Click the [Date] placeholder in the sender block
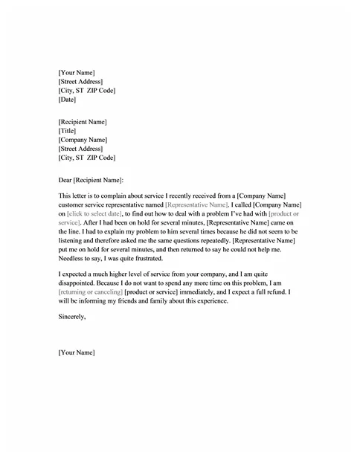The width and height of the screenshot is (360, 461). (x=67, y=100)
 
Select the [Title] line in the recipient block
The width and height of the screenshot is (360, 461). (x=67, y=131)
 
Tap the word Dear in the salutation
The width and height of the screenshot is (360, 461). (x=65, y=179)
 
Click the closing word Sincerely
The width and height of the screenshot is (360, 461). (x=71, y=317)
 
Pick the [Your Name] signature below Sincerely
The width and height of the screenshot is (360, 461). (x=77, y=352)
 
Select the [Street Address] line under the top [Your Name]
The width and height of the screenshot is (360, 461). (x=80, y=81)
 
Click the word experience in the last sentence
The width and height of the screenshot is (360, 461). (x=227, y=301)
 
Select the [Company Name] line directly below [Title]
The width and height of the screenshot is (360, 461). (x=83, y=140)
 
